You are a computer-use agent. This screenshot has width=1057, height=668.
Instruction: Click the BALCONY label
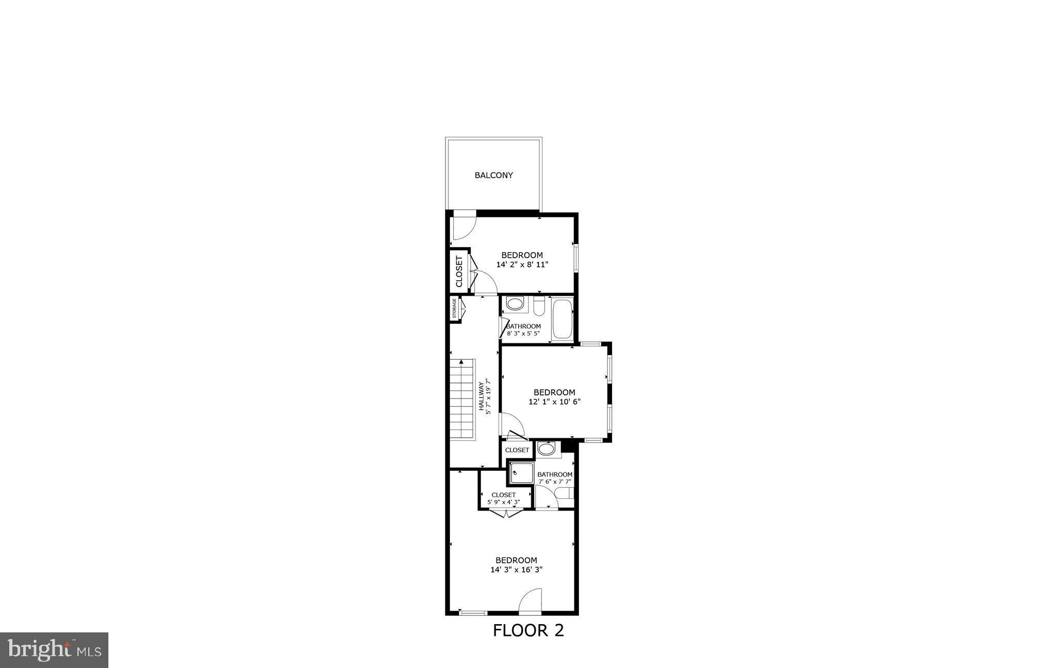493,176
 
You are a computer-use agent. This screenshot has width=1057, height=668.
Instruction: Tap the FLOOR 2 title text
528,630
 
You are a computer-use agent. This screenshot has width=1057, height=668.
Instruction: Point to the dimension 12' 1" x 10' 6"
554,402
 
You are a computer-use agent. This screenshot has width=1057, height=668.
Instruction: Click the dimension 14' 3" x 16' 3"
516,570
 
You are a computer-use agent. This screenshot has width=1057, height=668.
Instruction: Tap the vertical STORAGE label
454,308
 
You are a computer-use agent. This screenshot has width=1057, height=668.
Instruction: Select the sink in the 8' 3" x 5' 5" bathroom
515,304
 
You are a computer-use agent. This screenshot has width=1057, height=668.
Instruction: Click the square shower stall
521,473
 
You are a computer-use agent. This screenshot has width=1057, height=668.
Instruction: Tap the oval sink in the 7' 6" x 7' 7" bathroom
546,449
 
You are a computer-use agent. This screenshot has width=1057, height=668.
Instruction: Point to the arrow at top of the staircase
460,362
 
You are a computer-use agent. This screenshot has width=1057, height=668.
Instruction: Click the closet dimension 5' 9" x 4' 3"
503,502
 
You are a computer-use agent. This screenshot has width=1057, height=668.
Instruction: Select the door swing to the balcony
463,229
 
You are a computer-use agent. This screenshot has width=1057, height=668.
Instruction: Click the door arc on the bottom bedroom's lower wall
531,601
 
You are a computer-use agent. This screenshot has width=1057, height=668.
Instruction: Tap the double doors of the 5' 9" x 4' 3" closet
506,513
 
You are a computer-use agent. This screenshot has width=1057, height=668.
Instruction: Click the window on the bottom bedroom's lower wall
473,613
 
